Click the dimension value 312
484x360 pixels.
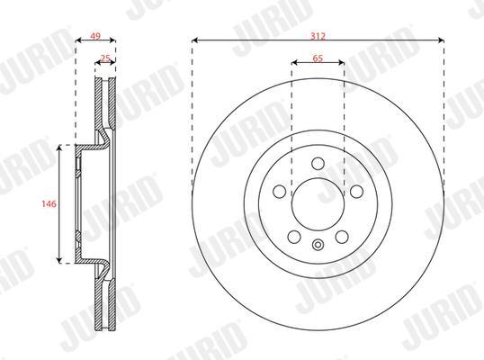pyautogui.click(x=318, y=36)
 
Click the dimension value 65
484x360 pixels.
pyautogui.click(x=318, y=58)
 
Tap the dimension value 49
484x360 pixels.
pyautogui.click(x=95, y=36)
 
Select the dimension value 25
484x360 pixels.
pyautogui.click(x=105, y=58)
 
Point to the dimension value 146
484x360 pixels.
pyautogui.click(x=49, y=204)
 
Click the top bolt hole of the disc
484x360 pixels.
pyautogui.click(x=318, y=163)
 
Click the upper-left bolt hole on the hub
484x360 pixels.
pyautogui.click(x=280, y=192)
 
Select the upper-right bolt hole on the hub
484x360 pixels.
pyautogui.click(x=356, y=192)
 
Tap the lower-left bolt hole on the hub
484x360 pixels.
pyautogui.click(x=294, y=237)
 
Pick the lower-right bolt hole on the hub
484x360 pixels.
pyautogui.click(x=342, y=237)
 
